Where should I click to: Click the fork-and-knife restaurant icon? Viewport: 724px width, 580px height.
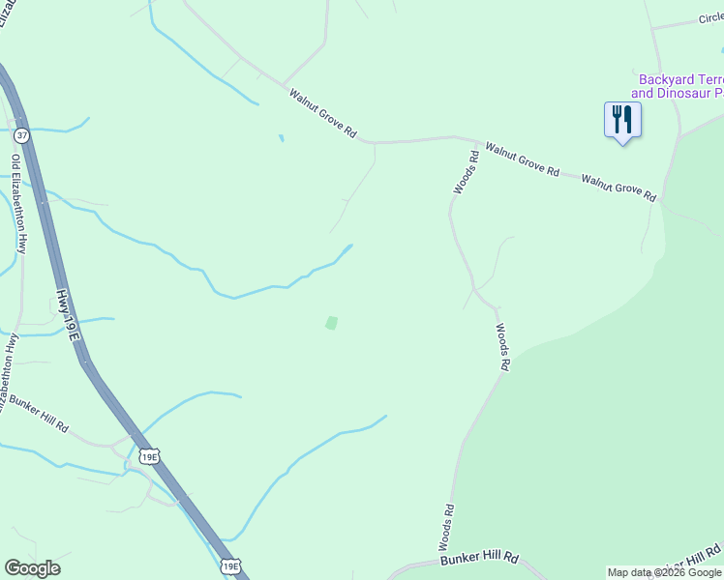622,120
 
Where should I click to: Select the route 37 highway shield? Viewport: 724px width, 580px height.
21,136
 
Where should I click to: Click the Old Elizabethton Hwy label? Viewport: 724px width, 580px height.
18,203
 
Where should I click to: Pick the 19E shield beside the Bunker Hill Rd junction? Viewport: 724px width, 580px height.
148,456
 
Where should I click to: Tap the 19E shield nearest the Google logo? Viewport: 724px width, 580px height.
229,566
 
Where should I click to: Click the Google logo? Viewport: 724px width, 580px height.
32,568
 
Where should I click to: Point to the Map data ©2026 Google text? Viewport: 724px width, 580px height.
664,572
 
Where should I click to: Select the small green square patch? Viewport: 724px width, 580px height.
331,323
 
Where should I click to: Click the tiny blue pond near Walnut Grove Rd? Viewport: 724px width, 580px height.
282,138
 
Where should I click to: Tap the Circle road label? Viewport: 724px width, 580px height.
710,19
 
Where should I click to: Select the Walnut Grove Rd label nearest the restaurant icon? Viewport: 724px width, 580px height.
619,187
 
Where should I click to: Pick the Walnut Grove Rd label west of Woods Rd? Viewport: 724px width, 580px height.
323,112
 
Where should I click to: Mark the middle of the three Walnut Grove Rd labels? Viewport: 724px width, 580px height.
523,159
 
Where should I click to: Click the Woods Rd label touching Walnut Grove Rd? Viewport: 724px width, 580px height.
466,171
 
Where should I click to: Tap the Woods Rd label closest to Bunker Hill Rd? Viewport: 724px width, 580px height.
446,528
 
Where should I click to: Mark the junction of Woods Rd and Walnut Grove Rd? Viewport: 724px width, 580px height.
455,138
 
